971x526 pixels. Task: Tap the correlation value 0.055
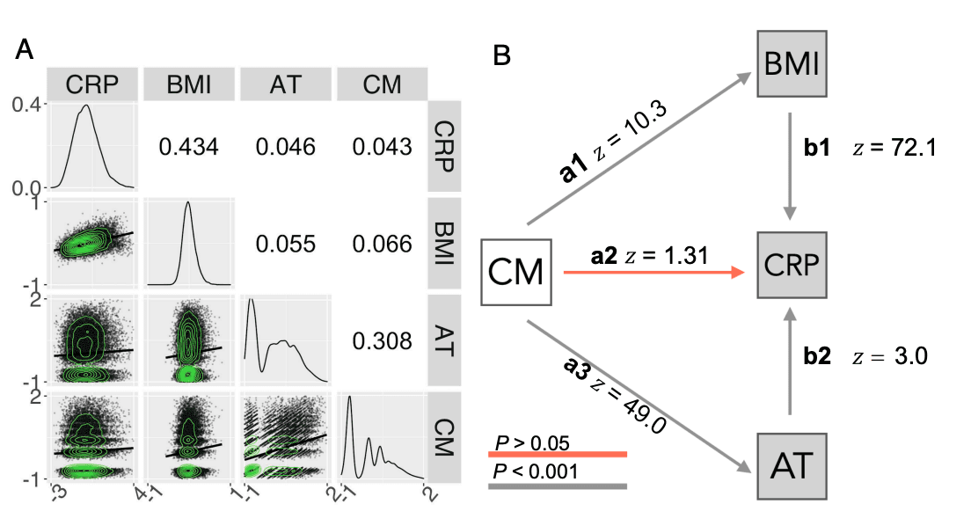click(286, 244)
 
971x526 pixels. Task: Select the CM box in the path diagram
click(515, 272)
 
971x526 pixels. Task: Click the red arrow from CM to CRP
click(651, 273)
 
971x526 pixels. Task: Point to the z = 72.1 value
click(897, 149)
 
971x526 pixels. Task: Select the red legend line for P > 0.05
click(558, 455)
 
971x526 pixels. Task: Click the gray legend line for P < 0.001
click(558, 486)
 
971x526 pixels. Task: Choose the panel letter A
click(25, 52)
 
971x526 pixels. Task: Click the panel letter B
click(502, 56)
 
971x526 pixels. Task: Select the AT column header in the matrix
click(286, 84)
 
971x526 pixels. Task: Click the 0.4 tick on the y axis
click(26, 105)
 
